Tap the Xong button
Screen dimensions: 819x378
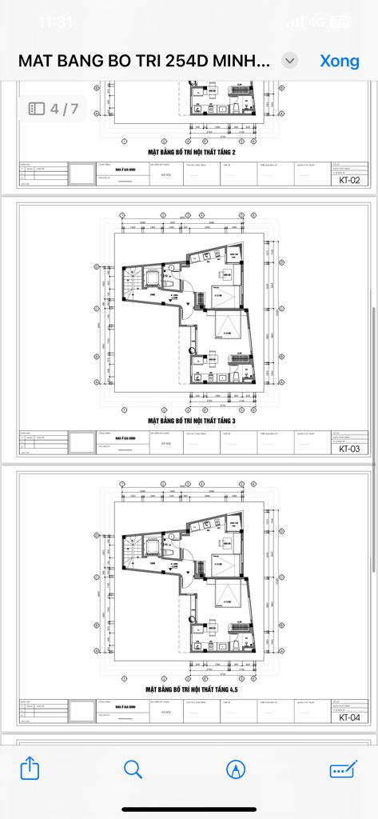pos(340,61)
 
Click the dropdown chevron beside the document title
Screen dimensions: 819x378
pos(291,61)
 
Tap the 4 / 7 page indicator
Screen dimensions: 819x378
pos(54,109)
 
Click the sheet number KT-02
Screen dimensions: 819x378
pos(349,180)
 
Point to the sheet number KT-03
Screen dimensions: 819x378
pos(349,449)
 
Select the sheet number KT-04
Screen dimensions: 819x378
pos(349,717)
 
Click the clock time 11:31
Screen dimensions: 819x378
pos(55,22)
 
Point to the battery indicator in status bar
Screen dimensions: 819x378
pos(340,22)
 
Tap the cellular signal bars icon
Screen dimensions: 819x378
pos(296,22)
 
